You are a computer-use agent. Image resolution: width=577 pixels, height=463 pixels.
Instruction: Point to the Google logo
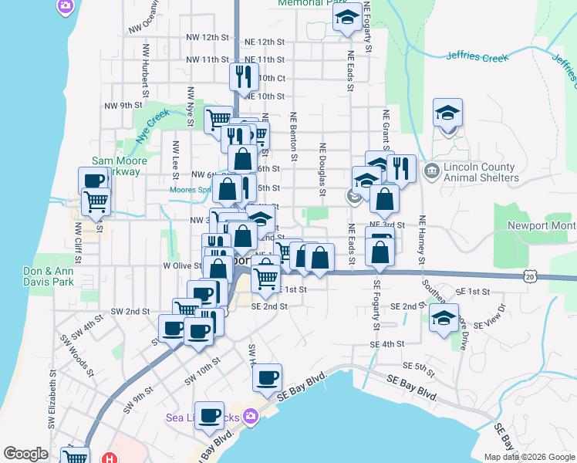tap(25, 454)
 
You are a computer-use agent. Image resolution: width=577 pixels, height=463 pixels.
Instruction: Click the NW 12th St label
tap(208, 37)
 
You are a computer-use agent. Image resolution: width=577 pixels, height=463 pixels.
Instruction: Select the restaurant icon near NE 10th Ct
tap(241, 76)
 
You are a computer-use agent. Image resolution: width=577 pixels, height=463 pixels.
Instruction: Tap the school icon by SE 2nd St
tap(444, 318)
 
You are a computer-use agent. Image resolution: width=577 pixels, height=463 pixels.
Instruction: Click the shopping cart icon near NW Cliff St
tap(96, 201)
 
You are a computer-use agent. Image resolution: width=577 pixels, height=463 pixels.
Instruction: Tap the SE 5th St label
tap(420, 366)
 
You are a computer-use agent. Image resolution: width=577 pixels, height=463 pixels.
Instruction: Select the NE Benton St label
tap(293, 128)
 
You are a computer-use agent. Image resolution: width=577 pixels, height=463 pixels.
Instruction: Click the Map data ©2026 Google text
tap(529, 457)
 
